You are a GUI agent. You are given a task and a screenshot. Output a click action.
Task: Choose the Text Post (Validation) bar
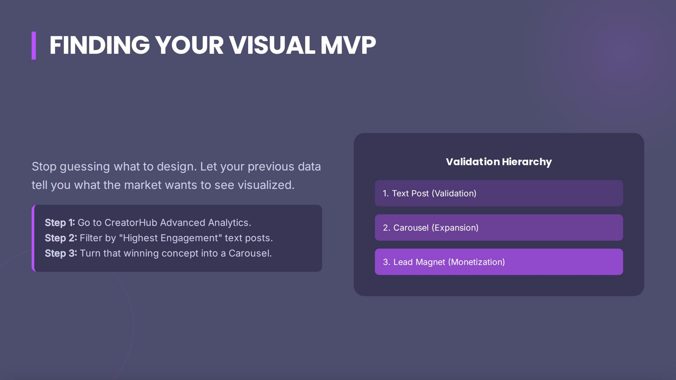point(499,193)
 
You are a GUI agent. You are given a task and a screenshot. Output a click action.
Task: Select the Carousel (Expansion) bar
point(499,228)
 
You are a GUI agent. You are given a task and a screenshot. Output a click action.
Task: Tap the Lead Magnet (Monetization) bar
point(499,262)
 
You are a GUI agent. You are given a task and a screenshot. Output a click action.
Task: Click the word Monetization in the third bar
point(476,262)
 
